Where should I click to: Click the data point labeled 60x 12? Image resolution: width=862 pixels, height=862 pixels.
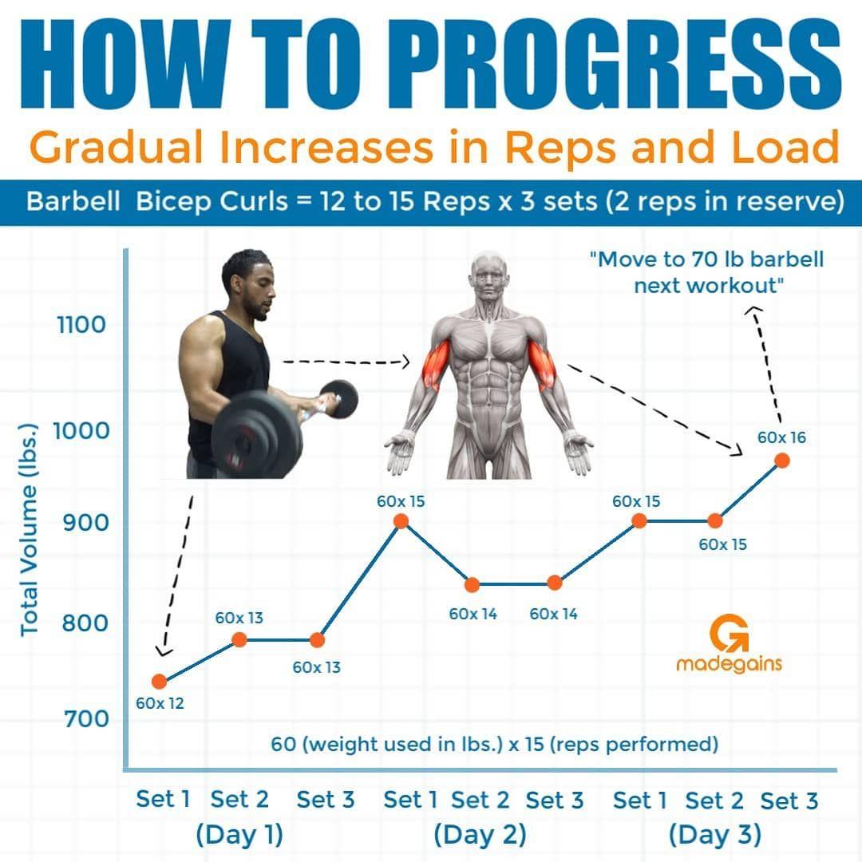click(159, 682)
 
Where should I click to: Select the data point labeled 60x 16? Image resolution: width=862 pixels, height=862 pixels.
click(781, 461)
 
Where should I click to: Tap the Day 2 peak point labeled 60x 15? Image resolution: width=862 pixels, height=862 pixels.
click(401, 521)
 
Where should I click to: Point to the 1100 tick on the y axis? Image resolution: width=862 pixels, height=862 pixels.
click(81, 325)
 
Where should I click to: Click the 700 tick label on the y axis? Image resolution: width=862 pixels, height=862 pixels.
click(86, 718)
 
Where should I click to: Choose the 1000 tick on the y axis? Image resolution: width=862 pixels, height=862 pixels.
click(81, 430)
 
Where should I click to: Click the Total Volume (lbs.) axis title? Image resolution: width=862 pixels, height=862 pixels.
click(30, 530)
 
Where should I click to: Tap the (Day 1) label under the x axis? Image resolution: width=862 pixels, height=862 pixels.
click(239, 835)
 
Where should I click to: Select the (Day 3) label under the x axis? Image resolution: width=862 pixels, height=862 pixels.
click(714, 835)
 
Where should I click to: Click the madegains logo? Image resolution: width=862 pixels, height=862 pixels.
click(729, 644)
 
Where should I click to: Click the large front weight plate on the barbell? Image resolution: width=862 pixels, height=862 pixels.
click(256, 434)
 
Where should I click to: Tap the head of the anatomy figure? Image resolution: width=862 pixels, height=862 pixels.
click(489, 275)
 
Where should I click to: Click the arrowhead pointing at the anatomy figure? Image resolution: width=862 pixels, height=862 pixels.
click(405, 362)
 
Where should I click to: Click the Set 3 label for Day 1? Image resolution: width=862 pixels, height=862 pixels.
click(326, 800)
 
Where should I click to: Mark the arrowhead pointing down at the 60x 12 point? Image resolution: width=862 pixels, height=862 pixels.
click(164, 651)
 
